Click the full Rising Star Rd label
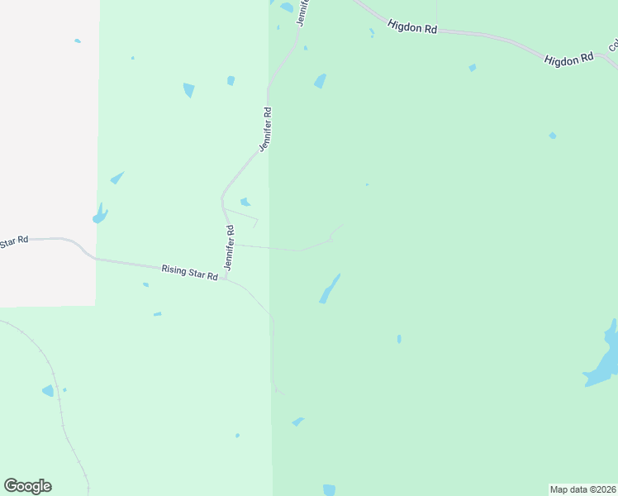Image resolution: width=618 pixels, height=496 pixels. (x=189, y=271)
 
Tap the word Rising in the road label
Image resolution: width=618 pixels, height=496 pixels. (x=175, y=269)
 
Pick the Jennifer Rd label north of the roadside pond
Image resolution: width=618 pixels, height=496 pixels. (x=265, y=129)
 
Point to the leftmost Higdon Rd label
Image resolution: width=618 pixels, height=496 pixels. (x=411, y=26)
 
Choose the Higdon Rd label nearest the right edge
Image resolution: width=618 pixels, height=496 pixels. (x=569, y=59)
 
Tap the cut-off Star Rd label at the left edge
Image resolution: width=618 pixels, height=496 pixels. (x=13, y=242)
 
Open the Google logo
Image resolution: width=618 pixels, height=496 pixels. (x=27, y=486)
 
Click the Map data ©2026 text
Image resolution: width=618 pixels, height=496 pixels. (x=582, y=489)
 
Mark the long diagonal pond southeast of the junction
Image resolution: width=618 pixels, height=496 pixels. (x=330, y=289)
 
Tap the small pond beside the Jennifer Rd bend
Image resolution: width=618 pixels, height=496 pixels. (x=245, y=202)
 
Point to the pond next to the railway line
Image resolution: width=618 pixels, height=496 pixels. (x=48, y=390)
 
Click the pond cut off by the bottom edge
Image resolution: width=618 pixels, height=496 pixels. (x=330, y=489)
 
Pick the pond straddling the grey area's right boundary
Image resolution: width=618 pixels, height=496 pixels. (x=100, y=214)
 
